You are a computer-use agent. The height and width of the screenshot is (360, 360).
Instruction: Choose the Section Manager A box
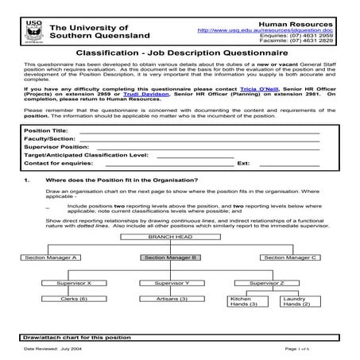[x=51, y=257]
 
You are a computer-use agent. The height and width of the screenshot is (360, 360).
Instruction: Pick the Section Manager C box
[x=290, y=257]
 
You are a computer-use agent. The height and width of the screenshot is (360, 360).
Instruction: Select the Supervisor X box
[x=73, y=283]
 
